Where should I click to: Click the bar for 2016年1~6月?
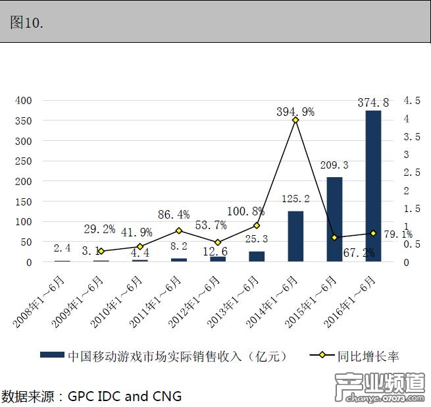373,186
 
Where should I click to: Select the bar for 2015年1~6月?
334,219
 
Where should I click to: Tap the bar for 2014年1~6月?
295,236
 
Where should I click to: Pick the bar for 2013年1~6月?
257,256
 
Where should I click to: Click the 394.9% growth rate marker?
295,120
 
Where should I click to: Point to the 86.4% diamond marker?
178,231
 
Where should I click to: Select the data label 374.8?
373,102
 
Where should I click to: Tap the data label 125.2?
295,199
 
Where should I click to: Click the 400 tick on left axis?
23,100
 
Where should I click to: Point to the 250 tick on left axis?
23,161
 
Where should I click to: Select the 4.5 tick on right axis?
412,101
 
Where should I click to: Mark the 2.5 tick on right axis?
412,173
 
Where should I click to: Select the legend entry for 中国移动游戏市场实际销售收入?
177,356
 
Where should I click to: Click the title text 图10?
27,22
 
